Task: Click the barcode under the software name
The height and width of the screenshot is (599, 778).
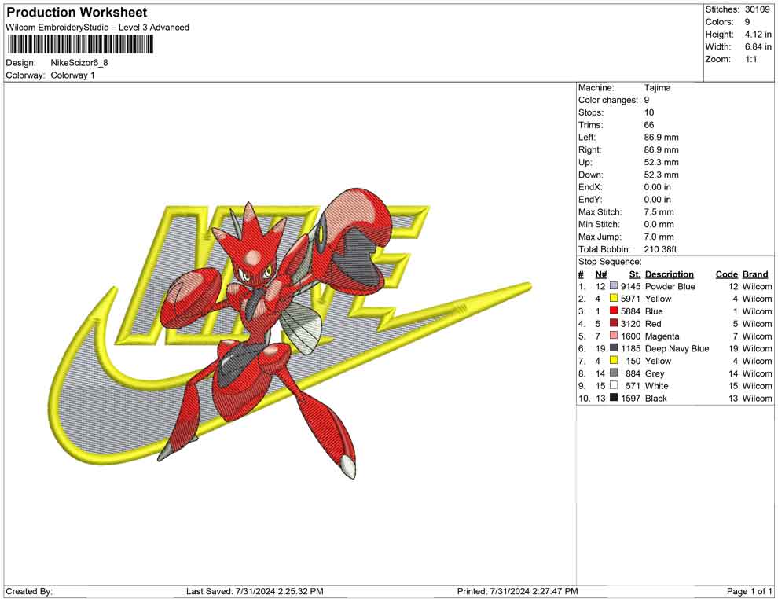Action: click(x=79, y=45)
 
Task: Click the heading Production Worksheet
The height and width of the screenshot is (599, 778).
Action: click(x=77, y=13)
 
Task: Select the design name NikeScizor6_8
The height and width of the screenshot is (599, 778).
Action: click(x=79, y=63)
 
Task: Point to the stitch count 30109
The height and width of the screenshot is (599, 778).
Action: click(x=757, y=9)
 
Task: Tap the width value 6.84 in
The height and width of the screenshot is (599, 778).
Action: click(x=758, y=46)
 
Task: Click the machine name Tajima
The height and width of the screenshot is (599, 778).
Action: click(x=658, y=88)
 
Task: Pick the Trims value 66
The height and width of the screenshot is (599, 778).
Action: click(x=649, y=125)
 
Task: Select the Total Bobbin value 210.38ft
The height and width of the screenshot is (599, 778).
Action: click(x=660, y=249)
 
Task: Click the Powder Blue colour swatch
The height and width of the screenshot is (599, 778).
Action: click(x=614, y=286)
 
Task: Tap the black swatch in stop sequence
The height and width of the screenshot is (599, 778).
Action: click(x=614, y=398)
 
